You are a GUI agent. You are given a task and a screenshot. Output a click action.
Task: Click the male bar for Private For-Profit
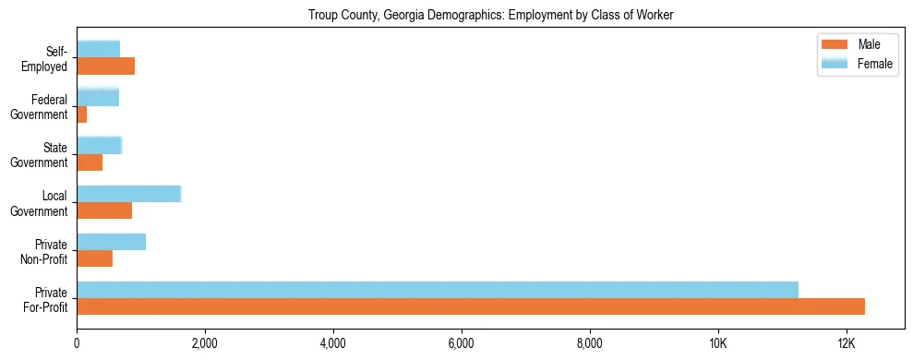(471, 306)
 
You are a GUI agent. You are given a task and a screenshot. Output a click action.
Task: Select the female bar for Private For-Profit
(438, 290)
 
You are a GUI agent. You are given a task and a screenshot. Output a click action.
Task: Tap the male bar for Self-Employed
(105, 66)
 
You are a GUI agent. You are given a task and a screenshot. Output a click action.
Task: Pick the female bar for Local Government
(128, 194)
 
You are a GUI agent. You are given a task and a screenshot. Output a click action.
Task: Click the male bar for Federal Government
(81, 114)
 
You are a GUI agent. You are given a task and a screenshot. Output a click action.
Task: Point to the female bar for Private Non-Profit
(111, 242)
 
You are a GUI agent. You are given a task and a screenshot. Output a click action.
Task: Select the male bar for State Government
(90, 162)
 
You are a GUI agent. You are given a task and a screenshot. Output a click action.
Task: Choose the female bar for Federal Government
(98, 97)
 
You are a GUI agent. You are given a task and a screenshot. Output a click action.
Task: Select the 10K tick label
(717, 343)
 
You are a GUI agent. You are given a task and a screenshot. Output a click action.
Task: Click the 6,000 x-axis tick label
(461, 343)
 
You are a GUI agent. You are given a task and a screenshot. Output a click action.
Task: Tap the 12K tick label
(846, 343)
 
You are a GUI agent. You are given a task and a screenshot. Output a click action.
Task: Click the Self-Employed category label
(49, 58)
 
